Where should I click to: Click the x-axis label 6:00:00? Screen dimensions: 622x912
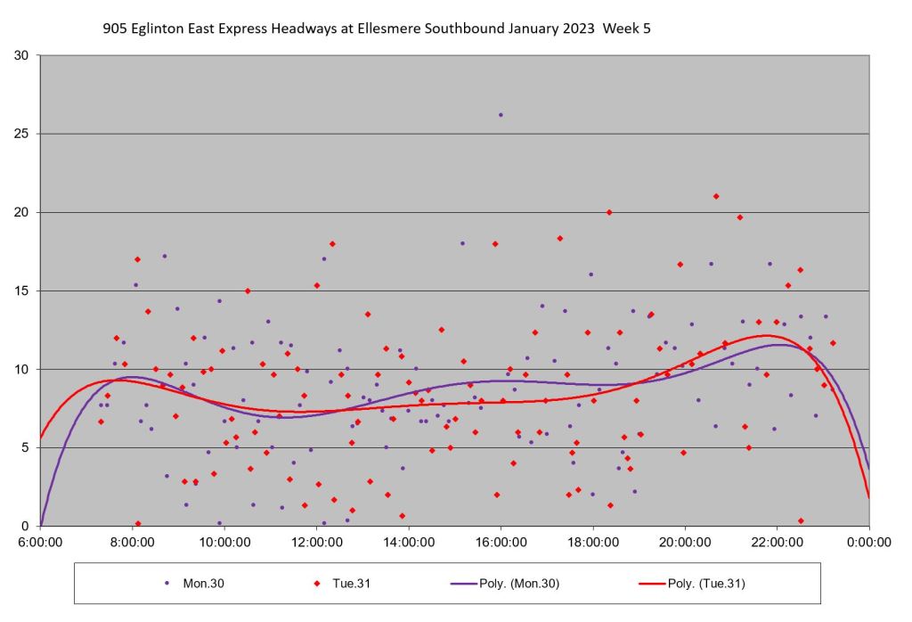coord(40,541)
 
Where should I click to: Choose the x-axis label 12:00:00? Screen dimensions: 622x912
coord(316,541)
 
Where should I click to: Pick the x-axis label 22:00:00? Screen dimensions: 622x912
coord(777,541)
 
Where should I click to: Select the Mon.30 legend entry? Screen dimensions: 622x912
coord(192,584)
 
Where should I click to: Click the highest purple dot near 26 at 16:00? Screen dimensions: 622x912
coord(501,115)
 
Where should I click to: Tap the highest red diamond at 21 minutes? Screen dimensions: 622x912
coord(716,196)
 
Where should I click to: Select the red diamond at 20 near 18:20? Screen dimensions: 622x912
coord(609,212)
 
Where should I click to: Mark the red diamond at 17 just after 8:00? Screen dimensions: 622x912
coord(137,259)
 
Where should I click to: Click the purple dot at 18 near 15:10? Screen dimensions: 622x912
coord(462,243)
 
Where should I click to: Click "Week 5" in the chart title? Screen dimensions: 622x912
coord(626,29)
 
